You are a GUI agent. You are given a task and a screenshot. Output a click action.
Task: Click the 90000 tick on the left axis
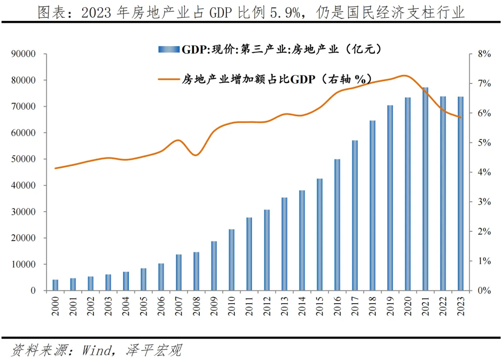23,54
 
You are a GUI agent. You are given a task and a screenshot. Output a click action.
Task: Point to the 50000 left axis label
23,159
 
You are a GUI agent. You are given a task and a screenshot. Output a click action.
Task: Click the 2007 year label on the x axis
179,305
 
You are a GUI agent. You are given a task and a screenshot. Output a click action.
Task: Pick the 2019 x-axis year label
390,305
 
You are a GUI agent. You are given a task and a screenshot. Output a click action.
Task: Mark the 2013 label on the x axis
285,305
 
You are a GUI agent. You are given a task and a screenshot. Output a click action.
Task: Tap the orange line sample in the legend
169,79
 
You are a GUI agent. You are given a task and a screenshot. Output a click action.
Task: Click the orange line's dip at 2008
196,155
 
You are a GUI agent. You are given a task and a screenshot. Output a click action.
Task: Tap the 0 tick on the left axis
33,291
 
